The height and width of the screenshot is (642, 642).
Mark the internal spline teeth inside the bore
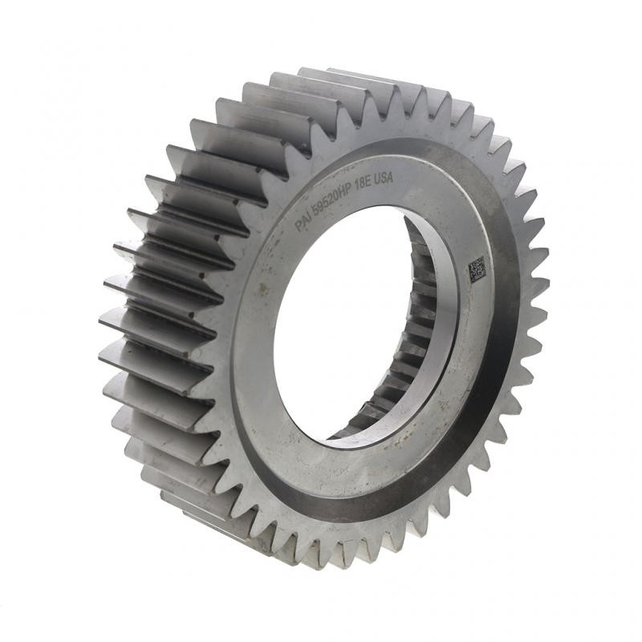(417, 337)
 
